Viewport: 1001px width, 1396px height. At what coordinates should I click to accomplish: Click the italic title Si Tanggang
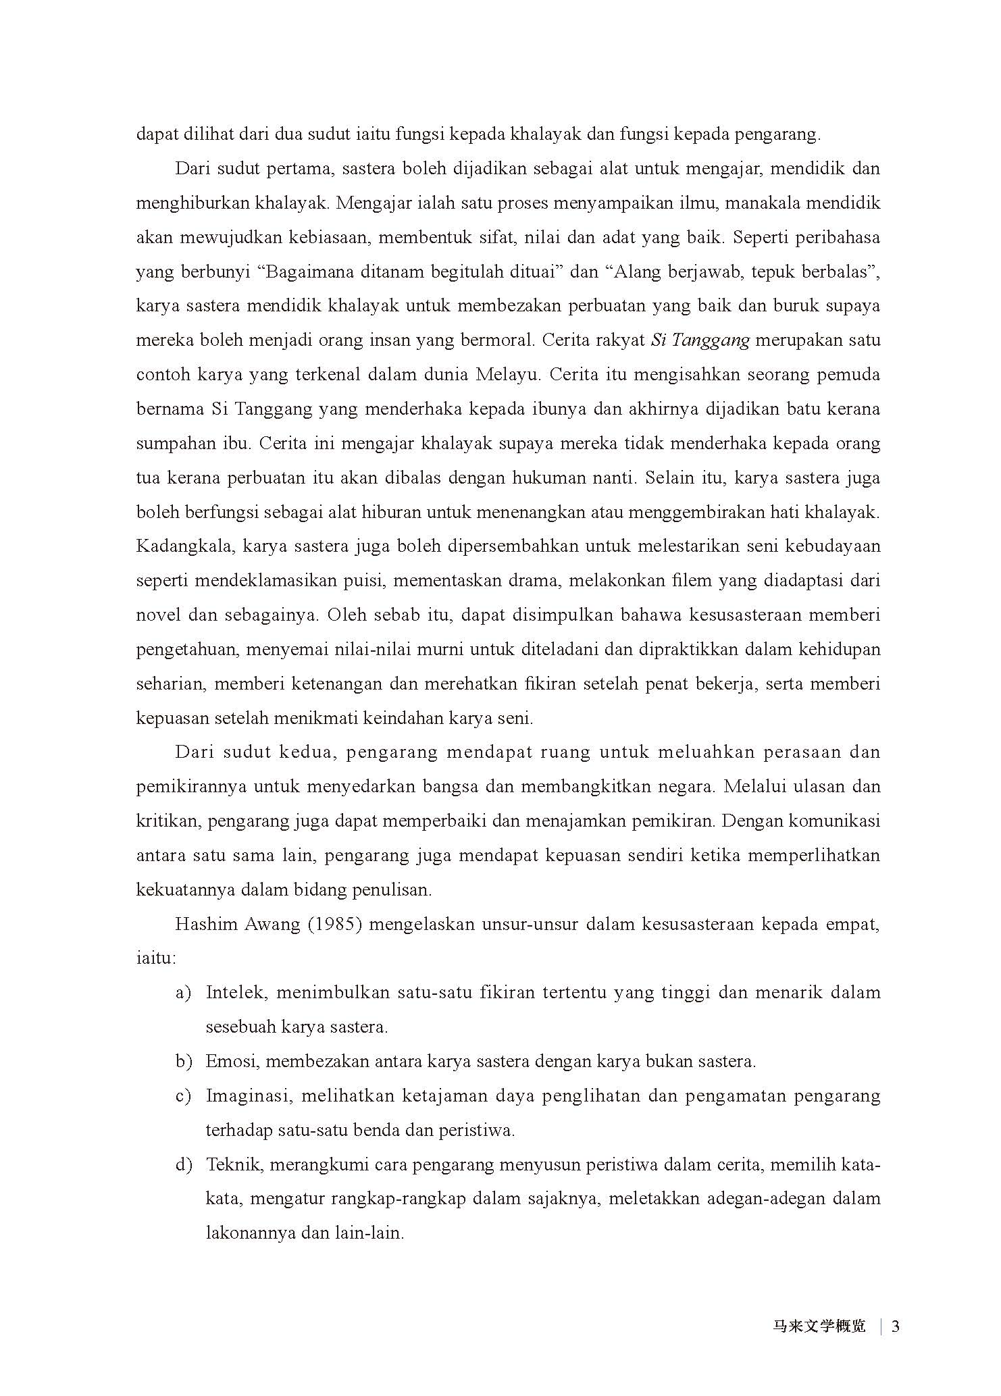coord(700,340)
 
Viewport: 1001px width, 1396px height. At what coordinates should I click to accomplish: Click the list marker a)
coord(183,993)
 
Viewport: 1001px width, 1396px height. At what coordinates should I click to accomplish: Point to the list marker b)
coord(184,1062)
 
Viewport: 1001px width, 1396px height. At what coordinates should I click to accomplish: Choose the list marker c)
coord(183,1096)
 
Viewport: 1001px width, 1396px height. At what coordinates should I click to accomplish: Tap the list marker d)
coord(184,1165)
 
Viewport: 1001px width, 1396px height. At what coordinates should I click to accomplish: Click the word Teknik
coord(234,1165)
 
